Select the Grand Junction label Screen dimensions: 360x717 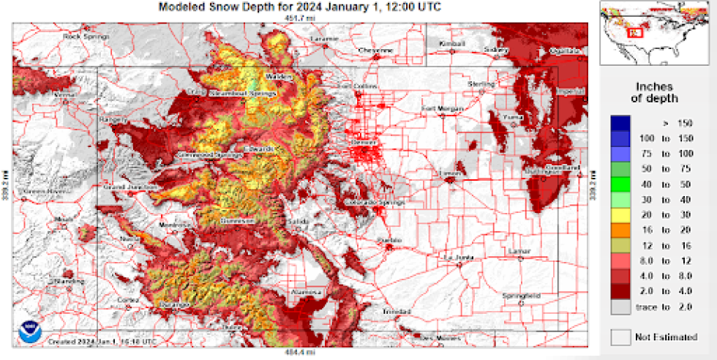click(131, 187)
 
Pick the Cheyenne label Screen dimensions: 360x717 click(375, 50)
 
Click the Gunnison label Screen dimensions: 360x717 click(236, 220)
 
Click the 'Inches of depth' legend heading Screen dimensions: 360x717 click(654, 91)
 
